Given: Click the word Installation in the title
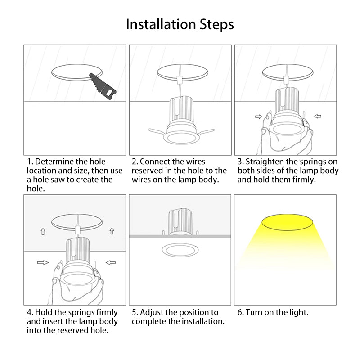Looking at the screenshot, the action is pyautogui.click(x=161, y=24).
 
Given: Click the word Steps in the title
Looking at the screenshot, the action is pyautogui.click(x=217, y=25).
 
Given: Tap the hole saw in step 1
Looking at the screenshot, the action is pyautogui.click(x=103, y=86).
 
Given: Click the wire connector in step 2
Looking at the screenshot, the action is pyautogui.click(x=180, y=80).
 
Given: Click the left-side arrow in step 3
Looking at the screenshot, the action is pyautogui.click(x=258, y=117).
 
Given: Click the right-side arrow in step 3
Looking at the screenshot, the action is pyautogui.click(x=318, y=117).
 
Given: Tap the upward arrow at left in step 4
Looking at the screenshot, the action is pyautogui.click(x=43, y=232).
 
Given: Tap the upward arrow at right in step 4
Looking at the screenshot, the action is pyautogui.click(x=112, y=231).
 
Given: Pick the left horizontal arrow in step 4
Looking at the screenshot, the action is pyautogui.click(x=43, y=262).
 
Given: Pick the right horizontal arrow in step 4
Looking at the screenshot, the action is pyautogui.click(x=111, y=262).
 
